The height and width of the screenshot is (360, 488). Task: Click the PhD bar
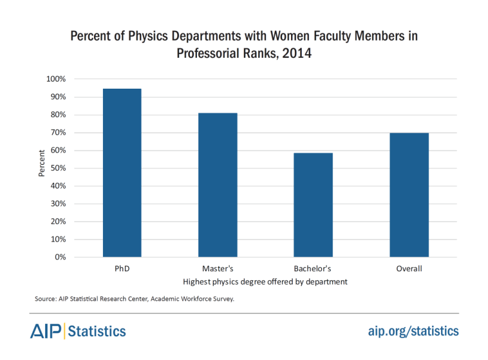pyautogui.click(x=121, y=173)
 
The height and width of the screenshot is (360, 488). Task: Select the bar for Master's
pyautogui.click(x=218, y=185)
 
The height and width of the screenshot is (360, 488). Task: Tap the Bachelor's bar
pyautogui.click(x=313, y=205)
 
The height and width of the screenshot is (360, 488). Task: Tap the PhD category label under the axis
pyautogui.click(x=121, y=269)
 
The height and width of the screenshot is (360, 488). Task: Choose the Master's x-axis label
pyautogui.click(x=218, y=269)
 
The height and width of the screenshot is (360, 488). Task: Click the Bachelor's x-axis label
pyautogui.click(x=313, y=269)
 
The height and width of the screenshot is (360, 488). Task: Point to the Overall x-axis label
pyautogui.click(x=409, y=269)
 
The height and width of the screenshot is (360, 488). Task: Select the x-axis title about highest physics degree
pyautogui.click(x=265, y=281)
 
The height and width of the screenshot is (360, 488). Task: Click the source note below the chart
pyautogui.click(x=134, y=299)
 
